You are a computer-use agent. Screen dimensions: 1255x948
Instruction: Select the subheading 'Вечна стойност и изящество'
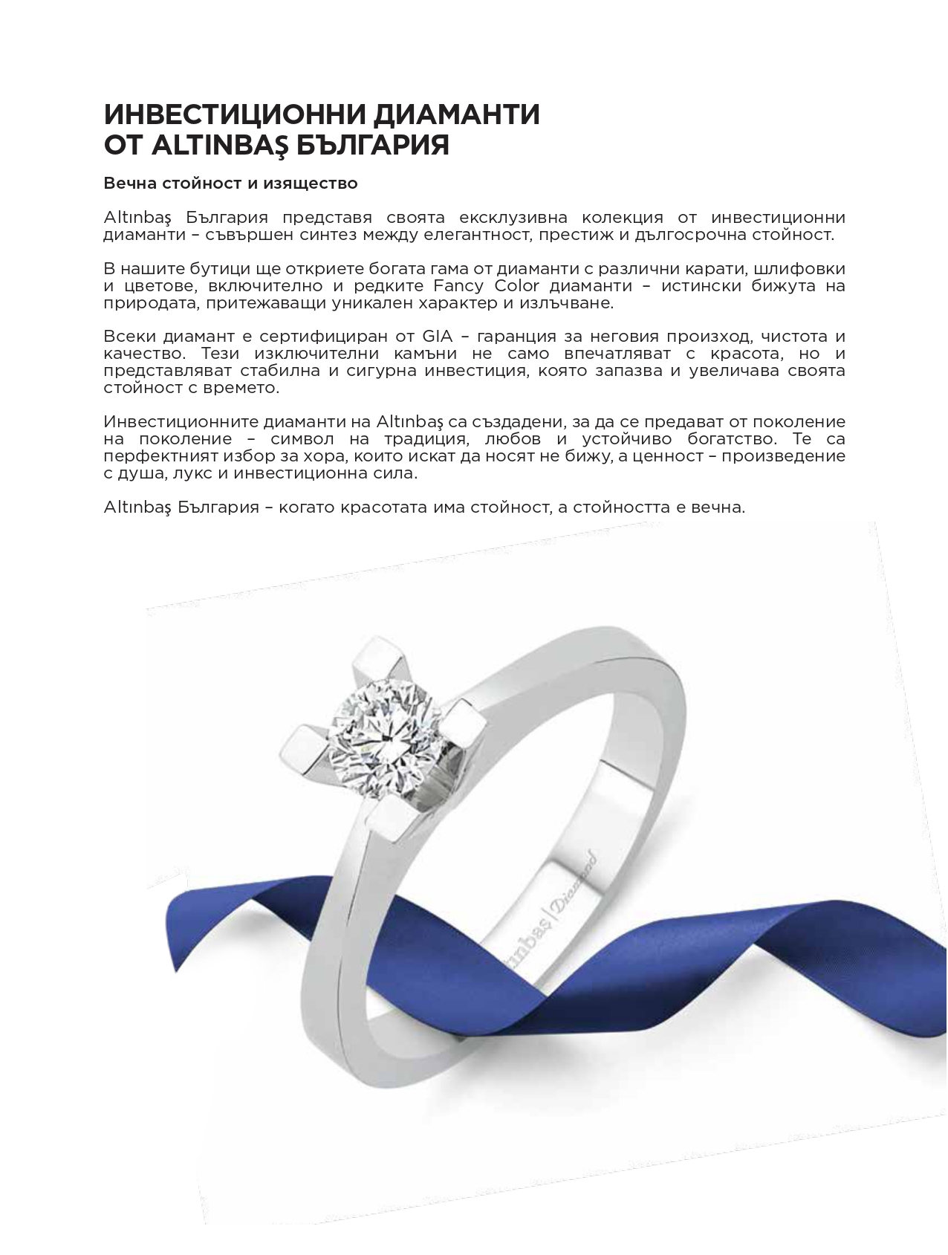pyautogui.click(x=231, y=183)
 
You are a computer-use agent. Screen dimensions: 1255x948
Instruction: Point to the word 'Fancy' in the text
pyautogui.click(x=457, y=286)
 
